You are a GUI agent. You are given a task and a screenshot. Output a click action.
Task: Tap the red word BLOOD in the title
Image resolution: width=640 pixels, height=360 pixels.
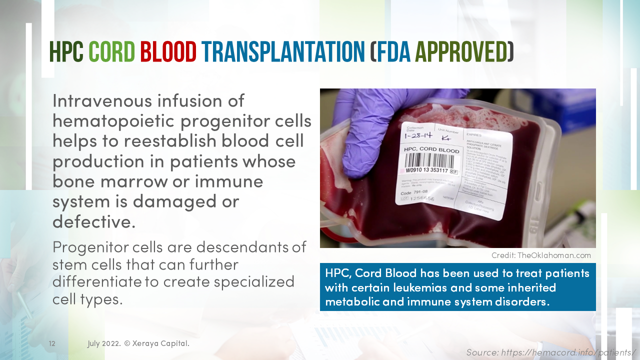168,52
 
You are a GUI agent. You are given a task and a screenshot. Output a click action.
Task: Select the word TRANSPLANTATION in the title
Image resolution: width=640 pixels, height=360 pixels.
283,52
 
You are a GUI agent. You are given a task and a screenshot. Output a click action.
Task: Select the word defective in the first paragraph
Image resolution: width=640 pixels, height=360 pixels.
93,221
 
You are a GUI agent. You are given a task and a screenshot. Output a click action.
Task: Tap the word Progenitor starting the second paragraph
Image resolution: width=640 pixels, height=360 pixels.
91,247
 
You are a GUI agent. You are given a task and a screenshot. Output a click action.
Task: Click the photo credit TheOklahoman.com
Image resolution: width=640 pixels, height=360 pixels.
554,255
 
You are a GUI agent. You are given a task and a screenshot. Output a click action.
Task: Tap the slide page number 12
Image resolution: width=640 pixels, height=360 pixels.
52,344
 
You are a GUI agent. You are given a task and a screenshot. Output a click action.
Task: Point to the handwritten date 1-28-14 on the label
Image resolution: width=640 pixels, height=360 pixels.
418,136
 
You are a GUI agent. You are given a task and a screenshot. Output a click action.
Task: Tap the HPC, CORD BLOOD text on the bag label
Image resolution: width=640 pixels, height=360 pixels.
431,149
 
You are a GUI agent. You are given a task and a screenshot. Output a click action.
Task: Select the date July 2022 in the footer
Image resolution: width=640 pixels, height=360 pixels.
103,343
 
